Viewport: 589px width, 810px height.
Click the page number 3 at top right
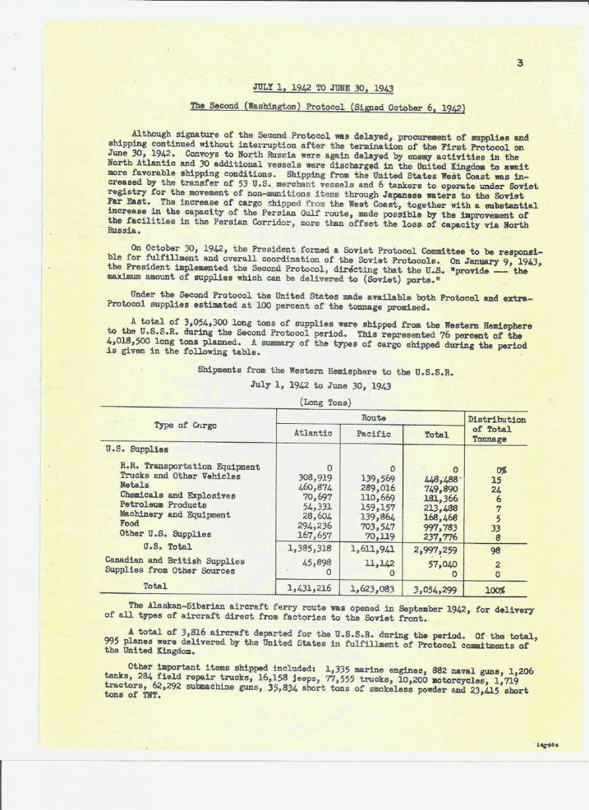[x=519, y=63]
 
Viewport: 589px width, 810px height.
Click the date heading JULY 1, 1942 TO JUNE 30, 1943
[x=323, y=88]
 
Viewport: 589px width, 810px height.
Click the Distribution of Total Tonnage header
[x=496, y=429]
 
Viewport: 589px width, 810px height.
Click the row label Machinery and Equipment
[x=175, y=514]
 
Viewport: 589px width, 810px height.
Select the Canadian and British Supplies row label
[x=175, y=561]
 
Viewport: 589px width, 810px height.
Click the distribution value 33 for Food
[x=495, y=529]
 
